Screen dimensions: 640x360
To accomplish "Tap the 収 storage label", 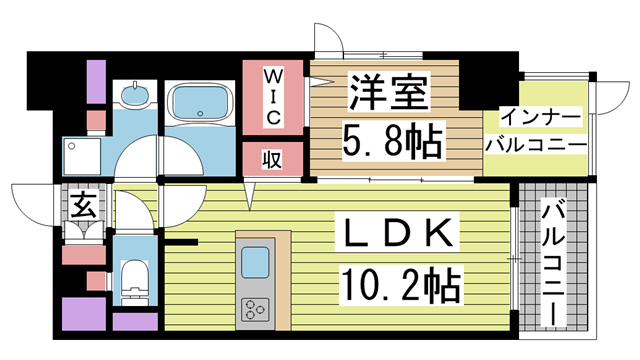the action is tap(271, 159).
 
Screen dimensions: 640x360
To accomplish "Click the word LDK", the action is tap(392, 238).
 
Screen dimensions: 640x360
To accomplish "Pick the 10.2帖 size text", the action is tap(400, 285).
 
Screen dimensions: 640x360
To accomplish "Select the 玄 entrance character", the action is tap(80, 206).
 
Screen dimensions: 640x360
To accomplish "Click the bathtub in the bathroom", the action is tap(200, 103).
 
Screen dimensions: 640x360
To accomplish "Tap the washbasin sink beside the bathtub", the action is tap(132, 97).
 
